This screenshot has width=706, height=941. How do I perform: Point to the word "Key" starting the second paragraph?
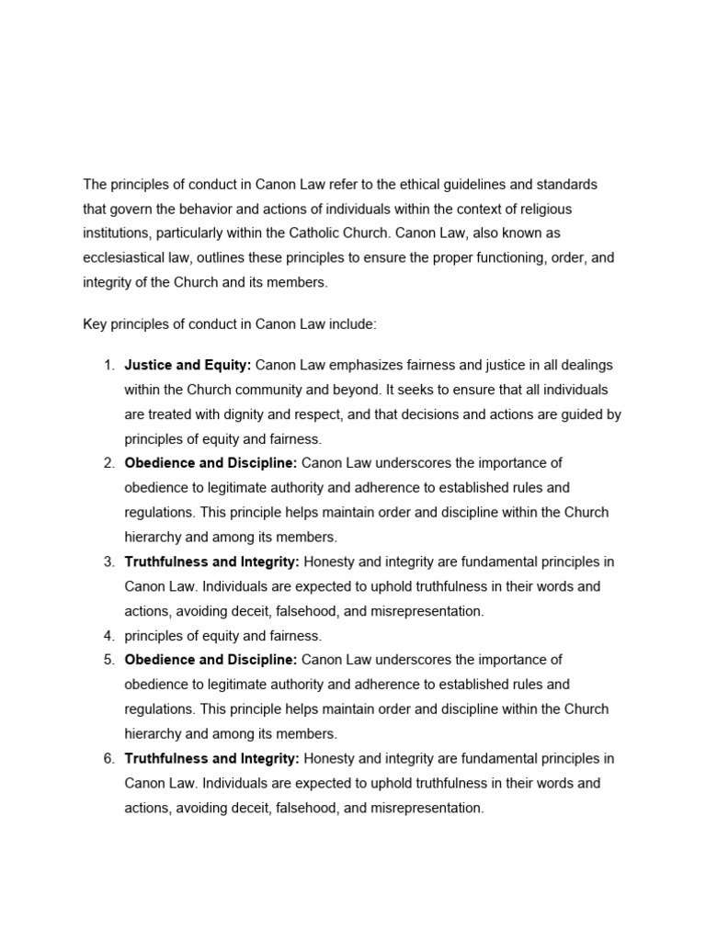[96, 323]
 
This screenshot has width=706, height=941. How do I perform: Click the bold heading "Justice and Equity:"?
[188, 365]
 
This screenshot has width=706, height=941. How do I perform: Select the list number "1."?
[108, 365]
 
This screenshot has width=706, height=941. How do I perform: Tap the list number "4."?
[108, 635]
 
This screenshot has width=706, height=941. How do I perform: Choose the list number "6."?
[108, 758]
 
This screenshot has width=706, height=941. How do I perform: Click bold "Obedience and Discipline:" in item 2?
[211, 462]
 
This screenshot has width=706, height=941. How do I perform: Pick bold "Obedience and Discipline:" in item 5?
[211, 660]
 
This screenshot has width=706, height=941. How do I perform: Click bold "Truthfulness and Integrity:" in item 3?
[211, 561]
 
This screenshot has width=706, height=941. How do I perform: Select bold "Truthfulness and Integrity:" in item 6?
[211, 758]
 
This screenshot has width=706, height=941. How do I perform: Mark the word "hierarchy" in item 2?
[153, 537]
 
